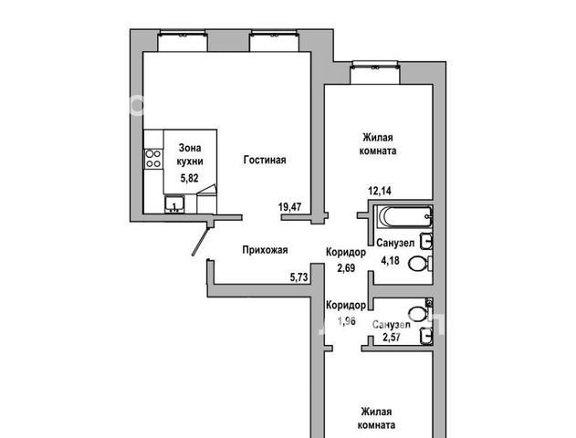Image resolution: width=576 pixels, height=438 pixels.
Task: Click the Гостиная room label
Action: (265, 160)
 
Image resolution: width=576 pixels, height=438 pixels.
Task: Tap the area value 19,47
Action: (290, 207)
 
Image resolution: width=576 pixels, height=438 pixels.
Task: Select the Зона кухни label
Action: (190, 154)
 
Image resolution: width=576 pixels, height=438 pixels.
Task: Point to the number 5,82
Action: (189, 178)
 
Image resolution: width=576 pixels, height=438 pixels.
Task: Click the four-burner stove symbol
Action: (153, 158)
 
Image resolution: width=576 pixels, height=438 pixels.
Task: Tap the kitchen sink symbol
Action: (174, 204)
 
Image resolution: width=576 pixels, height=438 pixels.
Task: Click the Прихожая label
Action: (265, 250)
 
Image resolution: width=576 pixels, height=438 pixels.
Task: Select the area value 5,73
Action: (298, 277)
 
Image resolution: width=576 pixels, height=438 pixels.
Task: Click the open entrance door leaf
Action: (201, 242)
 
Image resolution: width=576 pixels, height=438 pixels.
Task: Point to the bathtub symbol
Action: (404, 216)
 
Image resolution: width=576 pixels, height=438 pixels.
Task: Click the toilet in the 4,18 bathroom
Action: (420, 264)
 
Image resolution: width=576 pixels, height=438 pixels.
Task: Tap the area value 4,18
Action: (390, 261)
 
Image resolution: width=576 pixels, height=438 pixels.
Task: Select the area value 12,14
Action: (380, 191)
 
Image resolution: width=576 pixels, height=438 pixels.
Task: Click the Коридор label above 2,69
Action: (346, 252)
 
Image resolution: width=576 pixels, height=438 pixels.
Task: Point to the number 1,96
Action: (346, 321)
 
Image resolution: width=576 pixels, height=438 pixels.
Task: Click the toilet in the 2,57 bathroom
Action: (420, 312)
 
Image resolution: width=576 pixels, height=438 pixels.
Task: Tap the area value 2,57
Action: (392, 337)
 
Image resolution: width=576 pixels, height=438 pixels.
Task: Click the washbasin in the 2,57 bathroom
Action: (425, 336)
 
